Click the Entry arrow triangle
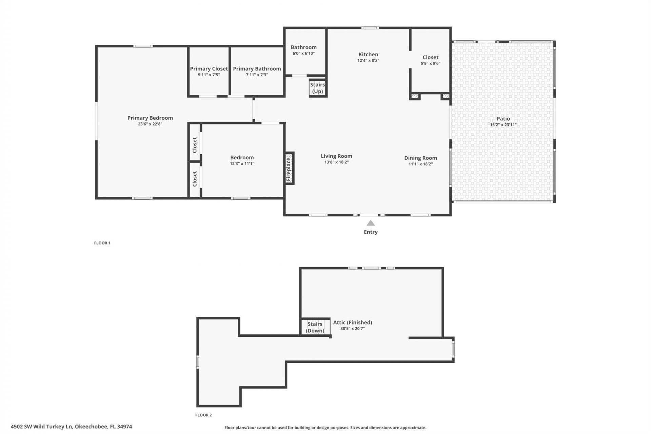tap(371, 223)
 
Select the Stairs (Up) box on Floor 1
tap(318, 88)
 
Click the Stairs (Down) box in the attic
tap(315, 327)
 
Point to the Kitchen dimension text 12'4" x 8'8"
tap(368, 61)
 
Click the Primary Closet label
tap(209, 69)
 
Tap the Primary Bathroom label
tap(257, 69)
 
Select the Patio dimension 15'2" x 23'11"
tap(503, 125)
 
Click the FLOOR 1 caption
tap(102, 243)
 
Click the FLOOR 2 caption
tap(203, 415)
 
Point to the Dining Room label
tap(420, 158)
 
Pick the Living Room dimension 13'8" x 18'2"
tap(336, 162)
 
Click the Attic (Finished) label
tap(353, 322)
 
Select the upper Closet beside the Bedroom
tap(195, 145)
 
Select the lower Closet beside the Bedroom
tap(195, 179)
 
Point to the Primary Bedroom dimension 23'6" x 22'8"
tap(150, 124)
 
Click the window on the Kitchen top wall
tap(370, 28)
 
